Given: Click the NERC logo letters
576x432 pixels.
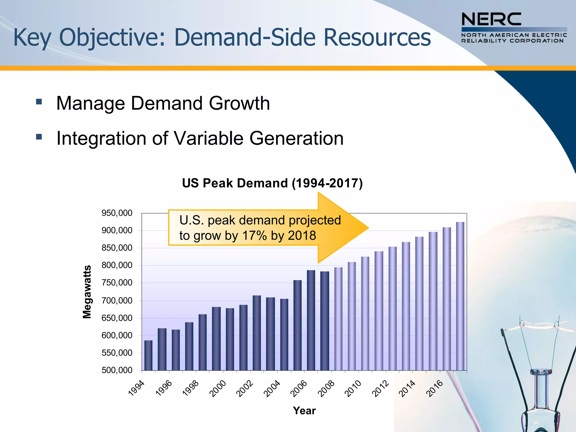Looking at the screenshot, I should pyautogui.click(x=491, y=19).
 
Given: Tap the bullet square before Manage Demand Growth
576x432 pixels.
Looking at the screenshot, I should pyautogui.click(x=39, y=102).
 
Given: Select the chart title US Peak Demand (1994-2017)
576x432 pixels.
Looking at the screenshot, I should pyautogui.click(x=272, y=183).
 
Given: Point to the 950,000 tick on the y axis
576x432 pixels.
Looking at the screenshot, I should pyautogui.click(x=117, y=213).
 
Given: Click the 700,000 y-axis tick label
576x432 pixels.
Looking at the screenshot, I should pyautogui.click(x=117, y=301).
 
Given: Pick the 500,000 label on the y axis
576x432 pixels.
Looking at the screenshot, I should pyautogui.click(x=117, y=370).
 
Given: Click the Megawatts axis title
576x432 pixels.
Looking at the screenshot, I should pyautogui.click(x=87, y=292).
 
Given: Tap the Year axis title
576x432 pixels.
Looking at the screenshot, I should pyautogui.click(x=304, y=411).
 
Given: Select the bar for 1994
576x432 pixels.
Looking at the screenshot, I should pyautogui.click(x=148, y=355).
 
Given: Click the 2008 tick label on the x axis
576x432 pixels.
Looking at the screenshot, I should pyautogui.click(x=326, y=388).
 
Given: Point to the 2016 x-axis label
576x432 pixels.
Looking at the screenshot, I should pyautogui.click(x=434, y=388).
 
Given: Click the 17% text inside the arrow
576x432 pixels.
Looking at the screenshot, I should pyautogui.click(x=254, y=235).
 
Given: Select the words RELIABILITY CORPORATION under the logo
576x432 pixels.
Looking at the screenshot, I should pyautogui.click(x=512, y=41).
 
